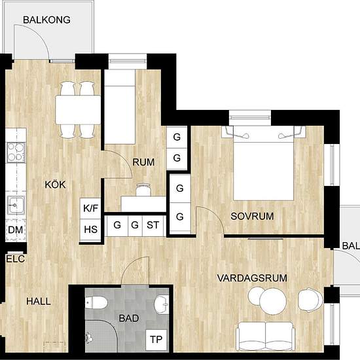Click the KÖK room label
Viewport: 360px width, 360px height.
(x=55, y=185)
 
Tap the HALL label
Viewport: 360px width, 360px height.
(x=39, y=301)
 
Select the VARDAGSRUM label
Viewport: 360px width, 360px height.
(x=252, y=278)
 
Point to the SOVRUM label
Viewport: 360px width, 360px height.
(x=252, y=216)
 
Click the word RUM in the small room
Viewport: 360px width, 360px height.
(x=143, y=162)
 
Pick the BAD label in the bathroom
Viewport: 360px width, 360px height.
(x=129, y=318)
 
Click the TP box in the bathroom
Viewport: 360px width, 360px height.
(x=156, y=340)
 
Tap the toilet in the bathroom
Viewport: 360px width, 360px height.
(x=96, y=303)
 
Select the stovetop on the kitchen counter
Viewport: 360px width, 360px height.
(x=16, y=153)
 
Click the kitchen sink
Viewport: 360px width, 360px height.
(x=16, y=205)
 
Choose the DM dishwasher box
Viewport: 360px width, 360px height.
(x=16, y=230)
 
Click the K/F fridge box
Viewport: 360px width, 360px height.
(x=90, y=208)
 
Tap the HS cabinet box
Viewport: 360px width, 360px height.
(x=90, y=230)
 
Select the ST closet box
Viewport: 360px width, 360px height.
(x=153, y=225)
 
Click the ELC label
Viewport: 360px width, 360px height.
(x=16, y=259)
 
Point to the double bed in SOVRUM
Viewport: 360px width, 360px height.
(x=263, y=164)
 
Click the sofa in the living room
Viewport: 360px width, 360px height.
(x=266, y=336)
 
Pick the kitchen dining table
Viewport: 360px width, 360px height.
(x=78, y=110)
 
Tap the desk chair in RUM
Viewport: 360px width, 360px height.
(x=143, y=190)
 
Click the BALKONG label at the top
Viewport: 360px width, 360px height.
(x=46, y=20)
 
